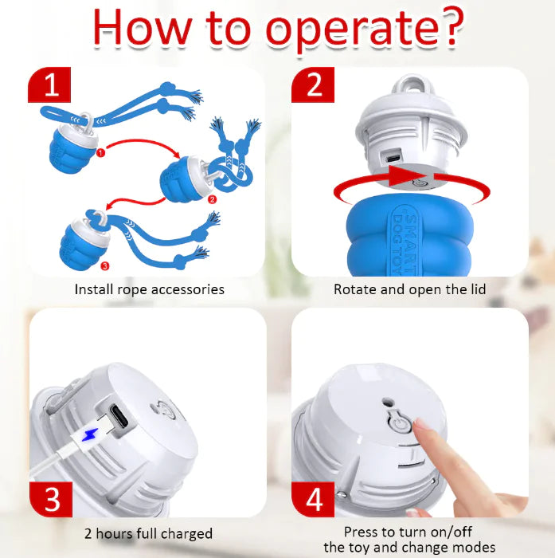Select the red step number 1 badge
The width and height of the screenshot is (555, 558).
(x=49, y=84)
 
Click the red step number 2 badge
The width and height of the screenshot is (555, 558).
(x=313, y=84)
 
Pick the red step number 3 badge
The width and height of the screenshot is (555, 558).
(x=51, y=499)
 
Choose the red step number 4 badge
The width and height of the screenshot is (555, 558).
(x=313, y=499)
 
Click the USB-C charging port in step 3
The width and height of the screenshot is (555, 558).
(x=119, y=415)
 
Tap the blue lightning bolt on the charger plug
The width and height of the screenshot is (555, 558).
(x=90, y=434)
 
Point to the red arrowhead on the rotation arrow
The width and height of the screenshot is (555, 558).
(x=408, y=175)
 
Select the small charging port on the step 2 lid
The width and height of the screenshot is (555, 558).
(x=393, y=159)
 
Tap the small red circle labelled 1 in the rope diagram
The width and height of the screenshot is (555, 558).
(x=100, y=153)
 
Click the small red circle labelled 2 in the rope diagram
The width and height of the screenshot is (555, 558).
(x=213, y=199)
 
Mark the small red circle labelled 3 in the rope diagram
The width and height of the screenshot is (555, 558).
(x=105, y=265)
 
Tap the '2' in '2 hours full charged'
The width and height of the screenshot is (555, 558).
(x=88, y=534)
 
